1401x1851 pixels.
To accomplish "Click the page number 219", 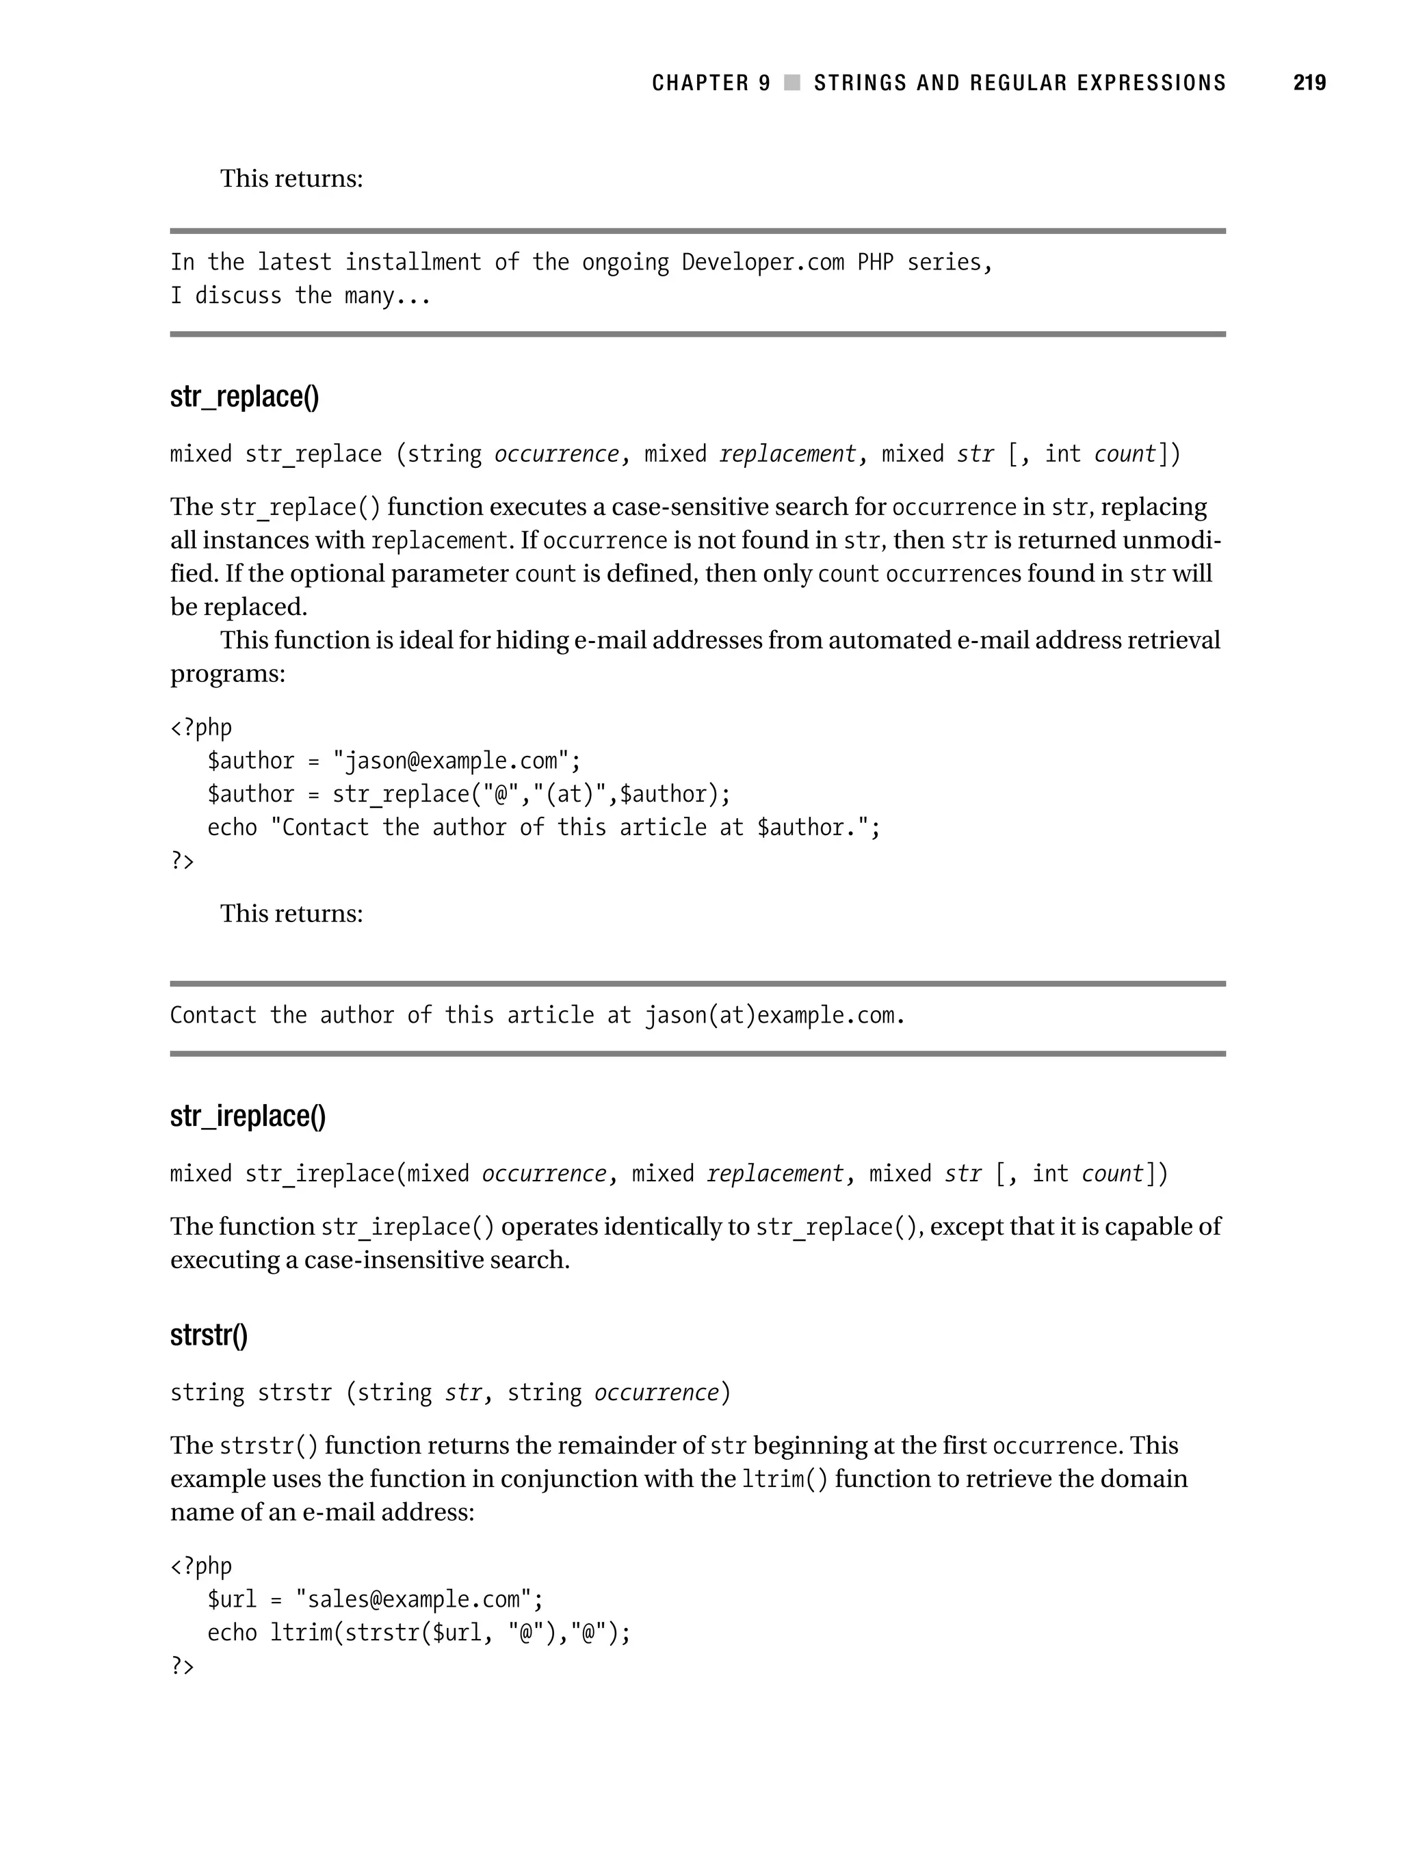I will coord(1309,83).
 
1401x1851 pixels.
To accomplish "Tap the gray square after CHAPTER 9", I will coord(791,83).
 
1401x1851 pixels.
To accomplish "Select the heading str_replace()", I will coord(244,397).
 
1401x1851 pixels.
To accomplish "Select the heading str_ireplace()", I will coord(248,1116).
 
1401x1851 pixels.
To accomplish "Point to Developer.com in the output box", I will coord(763,263).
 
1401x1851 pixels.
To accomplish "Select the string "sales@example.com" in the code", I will coord(413,1600).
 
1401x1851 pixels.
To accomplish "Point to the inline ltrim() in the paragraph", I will coord(784,1480).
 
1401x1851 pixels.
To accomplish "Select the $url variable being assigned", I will coord(232,1600).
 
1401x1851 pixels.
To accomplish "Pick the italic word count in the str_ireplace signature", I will coord(1112,1174).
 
